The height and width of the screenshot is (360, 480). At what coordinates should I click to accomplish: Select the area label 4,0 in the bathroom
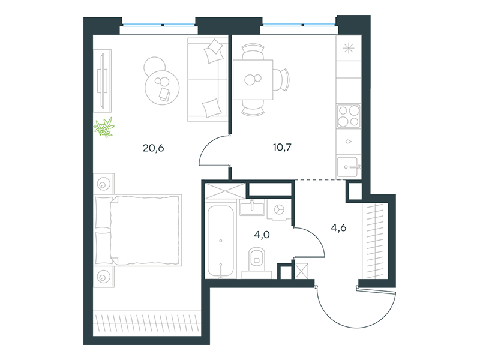[x=261, y=235]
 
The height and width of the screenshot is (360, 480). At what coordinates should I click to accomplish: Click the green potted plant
[x=106, y=127]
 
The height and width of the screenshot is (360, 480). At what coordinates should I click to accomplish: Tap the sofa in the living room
[x=207, y=79]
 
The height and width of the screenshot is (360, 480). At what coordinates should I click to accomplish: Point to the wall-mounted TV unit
[x=104, y=81]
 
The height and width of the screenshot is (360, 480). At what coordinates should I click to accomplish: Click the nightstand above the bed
[x=104, y=183]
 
